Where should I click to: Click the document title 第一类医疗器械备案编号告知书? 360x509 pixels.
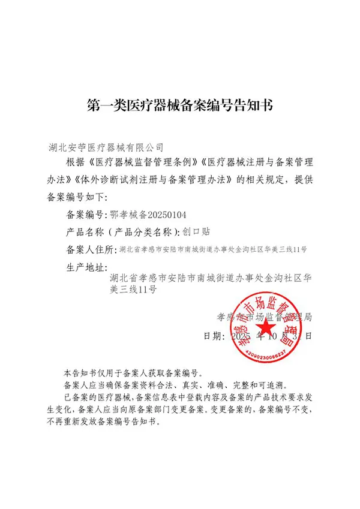point(180,107)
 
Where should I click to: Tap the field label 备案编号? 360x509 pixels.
point(84,213)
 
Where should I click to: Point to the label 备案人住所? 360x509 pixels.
point(90,249)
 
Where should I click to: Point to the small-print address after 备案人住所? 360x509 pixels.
point(214,249)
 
